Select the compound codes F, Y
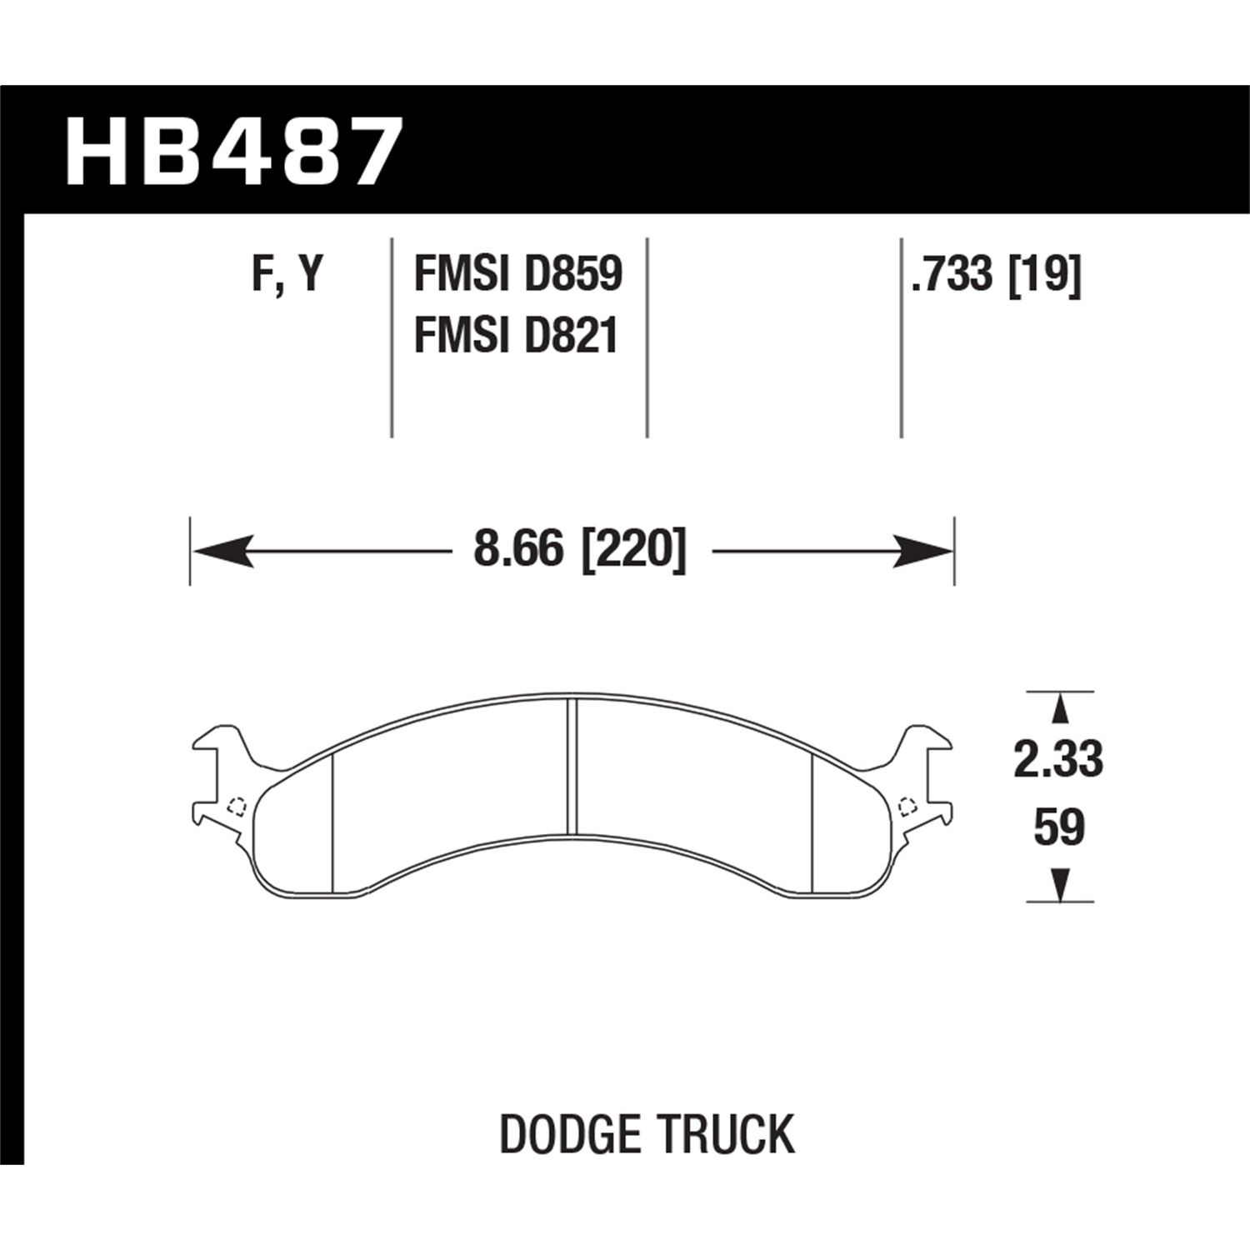(x=287, y=274)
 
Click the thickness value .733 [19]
(x=996, y=274)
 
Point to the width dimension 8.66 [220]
(x=580, y=551)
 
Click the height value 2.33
(x=1058, y=759)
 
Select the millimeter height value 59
(x=1058, y=828)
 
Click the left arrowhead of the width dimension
(x=222, y=551)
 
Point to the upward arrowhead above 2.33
(x=1060, y=709)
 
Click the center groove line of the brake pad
(x=572, y=767)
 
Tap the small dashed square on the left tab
(x=237, y=805)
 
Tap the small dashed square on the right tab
(x=908, y=805)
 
